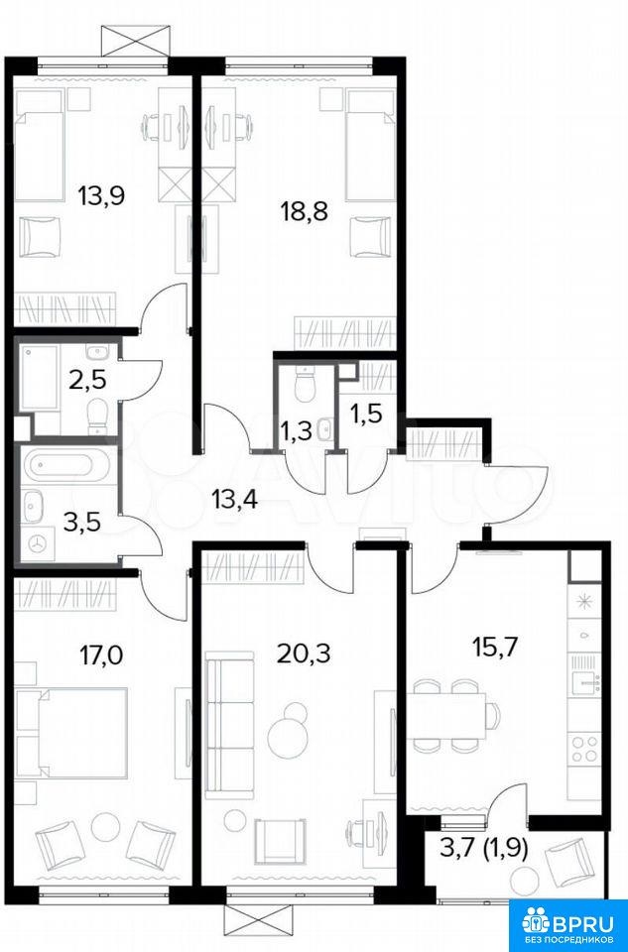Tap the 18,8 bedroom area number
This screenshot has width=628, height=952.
coord(304,212)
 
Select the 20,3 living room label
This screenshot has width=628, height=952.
coord(303,654)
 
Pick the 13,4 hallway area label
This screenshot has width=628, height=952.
coord(235,500)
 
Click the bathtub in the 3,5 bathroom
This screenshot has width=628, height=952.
coord(66,466)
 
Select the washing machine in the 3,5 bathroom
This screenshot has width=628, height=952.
coord(38,543)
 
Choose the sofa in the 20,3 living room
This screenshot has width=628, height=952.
coord(229,725)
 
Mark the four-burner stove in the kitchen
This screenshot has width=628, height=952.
coord(583,748)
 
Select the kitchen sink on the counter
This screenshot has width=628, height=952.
coord(585,683)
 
